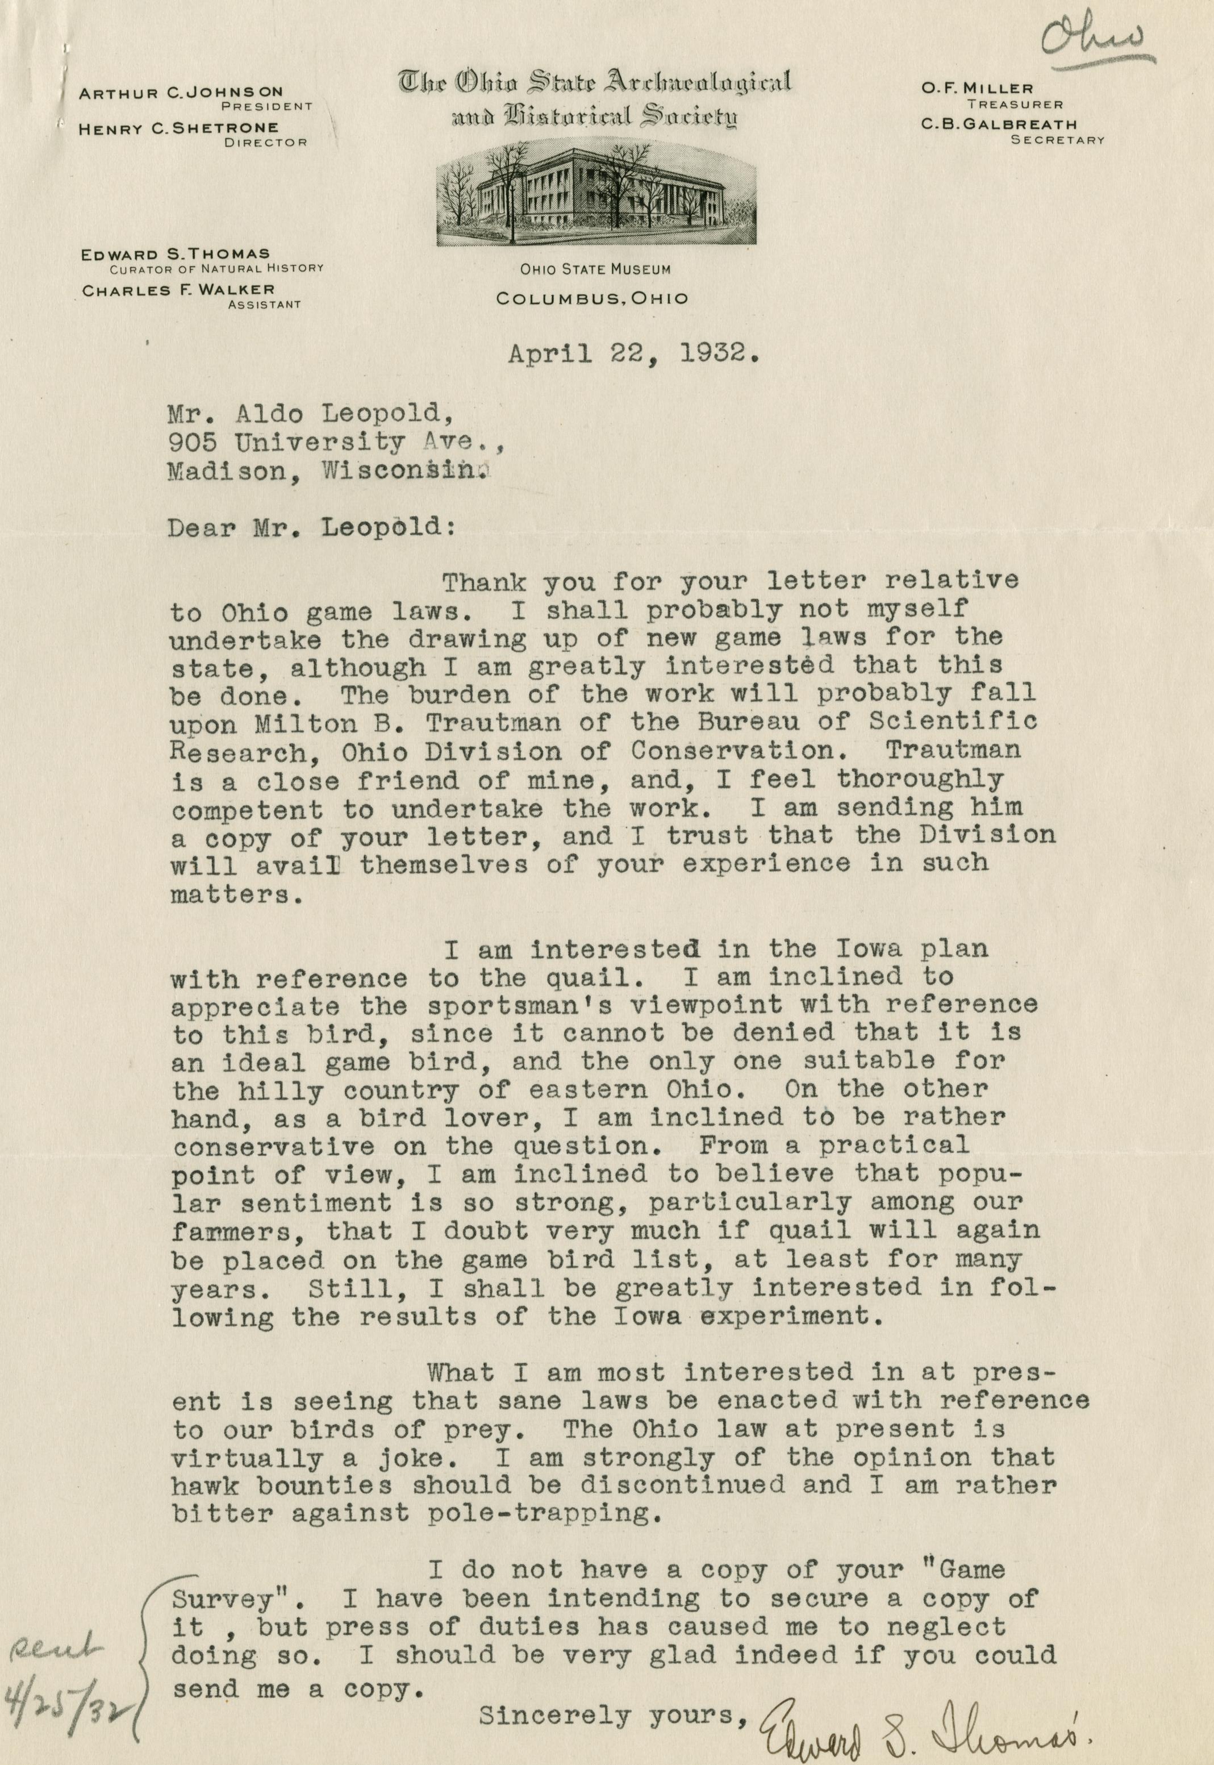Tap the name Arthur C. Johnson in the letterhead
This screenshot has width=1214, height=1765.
[181, 93]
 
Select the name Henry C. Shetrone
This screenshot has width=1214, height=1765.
[179, 128]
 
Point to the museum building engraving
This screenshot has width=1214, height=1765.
[595, 194]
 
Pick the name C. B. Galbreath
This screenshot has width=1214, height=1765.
[999, 124]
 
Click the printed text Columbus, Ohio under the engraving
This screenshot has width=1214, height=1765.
[592, 299]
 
